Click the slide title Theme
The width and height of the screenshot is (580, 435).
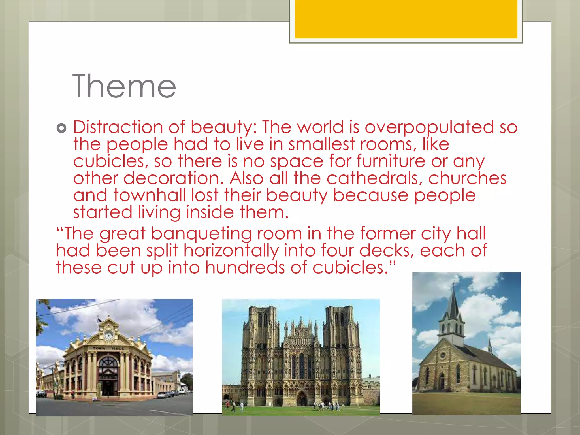(x=124, y=86)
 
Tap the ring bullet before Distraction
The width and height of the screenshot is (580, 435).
(x=61, y=128)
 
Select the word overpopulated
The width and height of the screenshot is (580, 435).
(x=429, y=127)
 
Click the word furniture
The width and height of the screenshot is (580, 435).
(x=391, y=161)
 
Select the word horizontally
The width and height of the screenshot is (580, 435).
(x=231, y=251)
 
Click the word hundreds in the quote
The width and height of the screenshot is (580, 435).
(x=245, y=268)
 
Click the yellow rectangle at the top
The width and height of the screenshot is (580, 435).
(x=406, y=19)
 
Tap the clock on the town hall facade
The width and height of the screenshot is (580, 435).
(x=108, y=336)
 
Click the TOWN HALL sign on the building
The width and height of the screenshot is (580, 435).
(x=108, y=348)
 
